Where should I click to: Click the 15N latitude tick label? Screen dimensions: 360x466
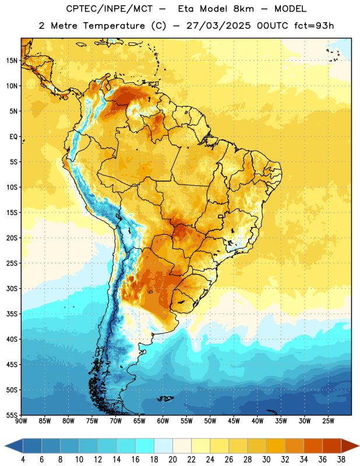(12, 61)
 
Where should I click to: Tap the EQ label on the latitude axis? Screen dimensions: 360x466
(13, 137)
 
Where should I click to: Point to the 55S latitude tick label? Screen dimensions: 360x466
(12, 415)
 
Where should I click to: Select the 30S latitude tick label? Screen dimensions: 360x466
(12, 288)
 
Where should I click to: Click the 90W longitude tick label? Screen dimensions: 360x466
(22, 421)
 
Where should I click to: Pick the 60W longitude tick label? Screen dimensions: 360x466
(163, 421)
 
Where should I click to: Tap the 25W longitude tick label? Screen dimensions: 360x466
(328, 421)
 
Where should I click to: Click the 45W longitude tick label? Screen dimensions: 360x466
(234, 421)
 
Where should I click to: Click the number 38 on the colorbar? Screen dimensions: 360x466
(341, 460)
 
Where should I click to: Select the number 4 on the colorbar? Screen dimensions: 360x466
(23, 460)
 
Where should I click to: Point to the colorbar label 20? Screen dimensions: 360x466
(172, 460)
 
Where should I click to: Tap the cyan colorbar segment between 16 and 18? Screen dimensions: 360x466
(145, 446)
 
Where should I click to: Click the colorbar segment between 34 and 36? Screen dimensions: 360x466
(313, 446)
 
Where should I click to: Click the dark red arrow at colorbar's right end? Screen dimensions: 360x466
(350, 446)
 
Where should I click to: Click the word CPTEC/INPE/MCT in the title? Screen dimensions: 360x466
(109, 9)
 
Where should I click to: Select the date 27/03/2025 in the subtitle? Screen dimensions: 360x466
(218, 26)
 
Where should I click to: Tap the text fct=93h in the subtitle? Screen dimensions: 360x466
(314, 26)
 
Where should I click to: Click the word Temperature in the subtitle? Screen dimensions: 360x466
(114, 26)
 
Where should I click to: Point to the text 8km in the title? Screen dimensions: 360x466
(243, 9)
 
